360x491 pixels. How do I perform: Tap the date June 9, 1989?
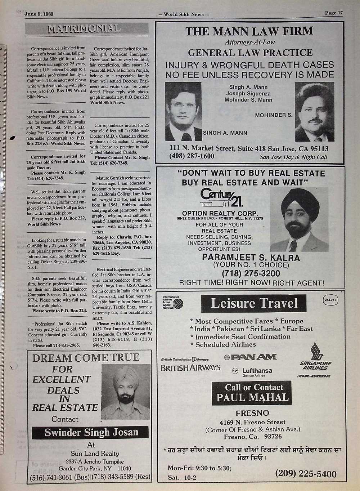39,14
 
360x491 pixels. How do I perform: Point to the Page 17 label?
334,13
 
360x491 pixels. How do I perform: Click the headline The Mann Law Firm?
249,31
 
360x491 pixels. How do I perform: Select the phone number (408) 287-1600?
192,156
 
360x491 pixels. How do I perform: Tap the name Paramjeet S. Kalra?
251,258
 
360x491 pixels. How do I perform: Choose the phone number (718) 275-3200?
251,273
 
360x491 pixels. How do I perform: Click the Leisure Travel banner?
254,303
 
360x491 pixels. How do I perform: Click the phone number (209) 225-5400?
306,473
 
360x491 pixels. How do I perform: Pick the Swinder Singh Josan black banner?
90,432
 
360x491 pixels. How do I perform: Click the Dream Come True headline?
86,357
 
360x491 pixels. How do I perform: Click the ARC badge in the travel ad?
330,300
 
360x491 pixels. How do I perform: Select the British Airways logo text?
190,368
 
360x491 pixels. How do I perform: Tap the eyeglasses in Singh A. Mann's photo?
183,104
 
